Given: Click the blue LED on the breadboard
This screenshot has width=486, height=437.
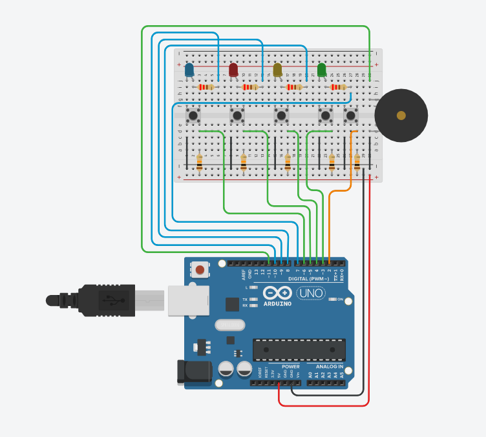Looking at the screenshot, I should (x=189, y=70).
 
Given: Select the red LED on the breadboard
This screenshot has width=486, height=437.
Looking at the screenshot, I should (x=233, y=69).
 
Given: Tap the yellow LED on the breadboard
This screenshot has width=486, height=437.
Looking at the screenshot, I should (x=277, y=69).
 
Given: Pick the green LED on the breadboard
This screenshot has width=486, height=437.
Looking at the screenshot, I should (x=321, y=69).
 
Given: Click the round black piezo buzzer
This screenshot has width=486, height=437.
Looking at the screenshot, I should (x=401, y=116).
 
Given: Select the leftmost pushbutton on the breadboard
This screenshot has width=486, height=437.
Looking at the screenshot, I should (x=193, y=116).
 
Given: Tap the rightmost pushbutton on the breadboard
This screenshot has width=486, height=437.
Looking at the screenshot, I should (x=350, y=116).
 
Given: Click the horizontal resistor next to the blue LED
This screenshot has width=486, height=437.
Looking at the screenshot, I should (x=206, y=87).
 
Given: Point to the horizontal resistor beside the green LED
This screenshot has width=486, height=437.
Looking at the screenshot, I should (x=337, y=87).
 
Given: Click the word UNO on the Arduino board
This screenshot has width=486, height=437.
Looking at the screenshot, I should (x=310, y=293).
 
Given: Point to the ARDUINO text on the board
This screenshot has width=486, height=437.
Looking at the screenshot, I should (x=279, y=302).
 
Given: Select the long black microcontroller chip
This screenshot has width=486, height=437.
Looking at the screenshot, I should (x=299, y=349).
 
